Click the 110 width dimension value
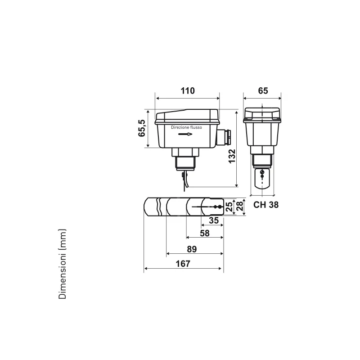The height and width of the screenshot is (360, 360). tap(188, 91)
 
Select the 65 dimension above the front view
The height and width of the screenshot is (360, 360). tap(263, 91)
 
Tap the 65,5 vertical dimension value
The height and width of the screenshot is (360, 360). tap(142, 128)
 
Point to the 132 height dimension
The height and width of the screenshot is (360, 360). tap(232, 156)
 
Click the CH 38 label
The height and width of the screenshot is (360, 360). tap(266, 205)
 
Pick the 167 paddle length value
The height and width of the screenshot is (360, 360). tap(183, 264)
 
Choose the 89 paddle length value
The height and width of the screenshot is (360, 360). tap(192, 249)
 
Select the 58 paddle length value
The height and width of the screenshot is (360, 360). tap(205, 234)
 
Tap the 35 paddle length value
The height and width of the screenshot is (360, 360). tap(214, 220)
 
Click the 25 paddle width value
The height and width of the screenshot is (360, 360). tap(229, 207)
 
